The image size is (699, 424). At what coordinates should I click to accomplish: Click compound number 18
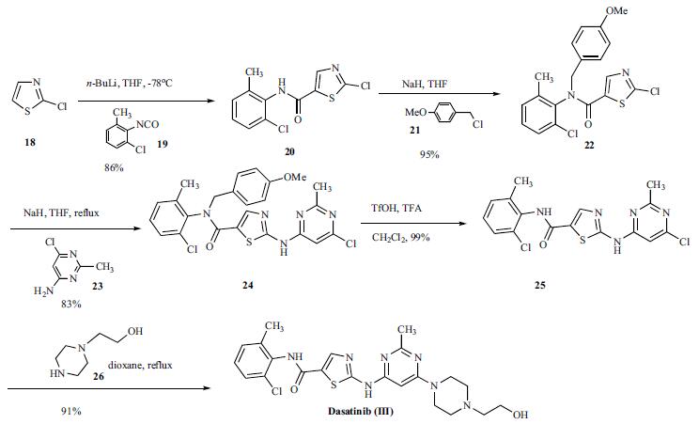click(30, 143)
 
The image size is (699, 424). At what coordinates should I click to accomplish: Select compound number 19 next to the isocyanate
click(163, 144)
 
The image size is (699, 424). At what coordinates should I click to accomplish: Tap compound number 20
click(289, 151)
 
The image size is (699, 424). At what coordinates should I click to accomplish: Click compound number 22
click(589, 145)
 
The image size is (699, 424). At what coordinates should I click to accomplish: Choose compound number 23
click(97, 286)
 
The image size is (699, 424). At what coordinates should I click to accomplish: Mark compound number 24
click(248, 285)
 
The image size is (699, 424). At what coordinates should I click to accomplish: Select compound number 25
click(540, 285)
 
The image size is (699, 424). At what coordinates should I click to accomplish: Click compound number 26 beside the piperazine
click(99, 376)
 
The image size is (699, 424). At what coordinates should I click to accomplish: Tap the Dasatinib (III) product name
click(361, 411)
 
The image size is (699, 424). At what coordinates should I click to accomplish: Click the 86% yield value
click(114, 168)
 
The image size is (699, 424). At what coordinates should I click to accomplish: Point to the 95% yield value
click(429, 154)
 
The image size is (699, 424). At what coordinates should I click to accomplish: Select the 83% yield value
click(71, 305)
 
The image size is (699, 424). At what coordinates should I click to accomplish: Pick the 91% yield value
click(71, 411)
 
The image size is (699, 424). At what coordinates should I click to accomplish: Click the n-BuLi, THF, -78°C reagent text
click(130, 83)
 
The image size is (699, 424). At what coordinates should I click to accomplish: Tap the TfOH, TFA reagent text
click(396, 208)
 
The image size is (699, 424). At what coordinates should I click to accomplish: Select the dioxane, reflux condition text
click(140, 365)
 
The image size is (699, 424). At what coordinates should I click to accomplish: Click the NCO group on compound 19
click(148, 124)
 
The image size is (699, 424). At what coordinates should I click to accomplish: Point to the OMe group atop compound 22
click(616, 9)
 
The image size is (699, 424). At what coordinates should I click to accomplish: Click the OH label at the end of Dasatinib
click(520, 416)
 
